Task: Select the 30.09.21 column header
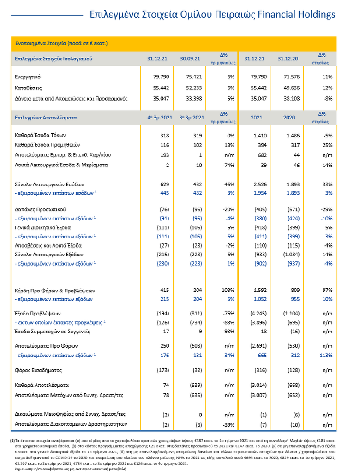pos(189,59)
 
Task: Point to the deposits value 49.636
pos(287,88)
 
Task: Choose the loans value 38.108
pos(287,99)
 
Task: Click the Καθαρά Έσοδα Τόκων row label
pos(41,136)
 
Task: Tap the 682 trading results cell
pos(258,155)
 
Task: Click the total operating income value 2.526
pos(255,185)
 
